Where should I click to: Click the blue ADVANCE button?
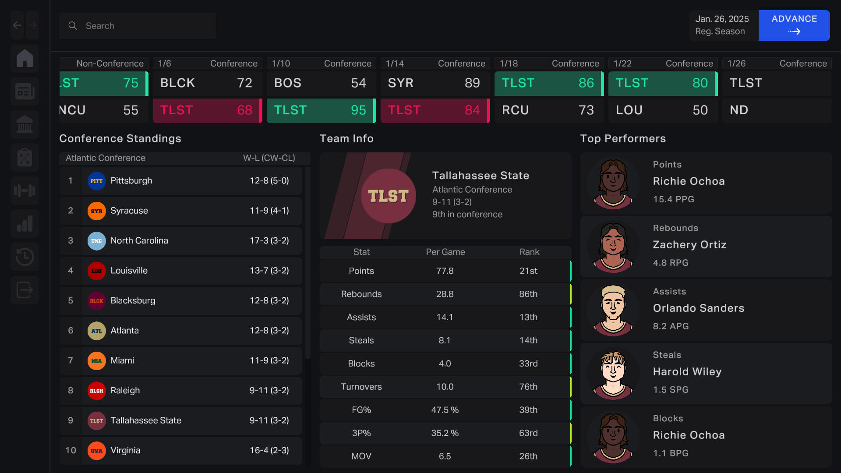click(x=794, y=25)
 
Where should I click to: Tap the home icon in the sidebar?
click(x=25, y=58)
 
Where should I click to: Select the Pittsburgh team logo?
click(x=96, y=181)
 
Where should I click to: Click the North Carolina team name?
click(x=139, y=240)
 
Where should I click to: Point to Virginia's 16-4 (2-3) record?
click(x=269, y=450)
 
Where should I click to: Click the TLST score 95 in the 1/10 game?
click(x=358, y=110)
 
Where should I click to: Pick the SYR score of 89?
click(x=472, y=83)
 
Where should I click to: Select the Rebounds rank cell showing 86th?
click(x=528, y=294)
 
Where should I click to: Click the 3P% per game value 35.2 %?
click(x=445, y=433)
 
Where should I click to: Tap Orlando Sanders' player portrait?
click(x=613, y=310)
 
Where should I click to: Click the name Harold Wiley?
click(x=687, y=371)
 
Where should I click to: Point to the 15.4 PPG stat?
click(x=673, y=199)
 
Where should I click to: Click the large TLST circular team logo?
click(x=389, y=196)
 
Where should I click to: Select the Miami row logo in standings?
click(x=96, y=360)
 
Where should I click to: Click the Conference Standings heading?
click(x=120, y=138)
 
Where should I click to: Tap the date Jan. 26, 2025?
click(x=722, y=19)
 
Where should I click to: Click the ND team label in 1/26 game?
click(x=739, y=110)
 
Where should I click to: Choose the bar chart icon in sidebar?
click(x=25, y=224)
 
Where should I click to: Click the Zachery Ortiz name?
click(x=689, y=244)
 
